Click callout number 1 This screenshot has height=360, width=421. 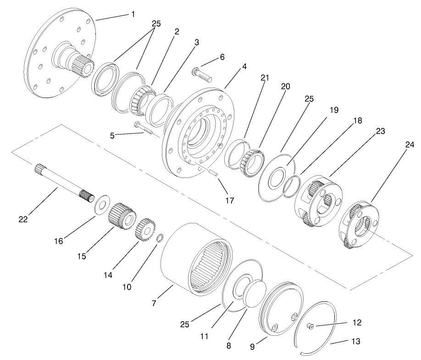point(133,14)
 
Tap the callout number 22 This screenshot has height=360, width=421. point(23,219)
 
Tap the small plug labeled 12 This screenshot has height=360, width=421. point(310,327)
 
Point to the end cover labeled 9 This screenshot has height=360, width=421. point(280,309)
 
